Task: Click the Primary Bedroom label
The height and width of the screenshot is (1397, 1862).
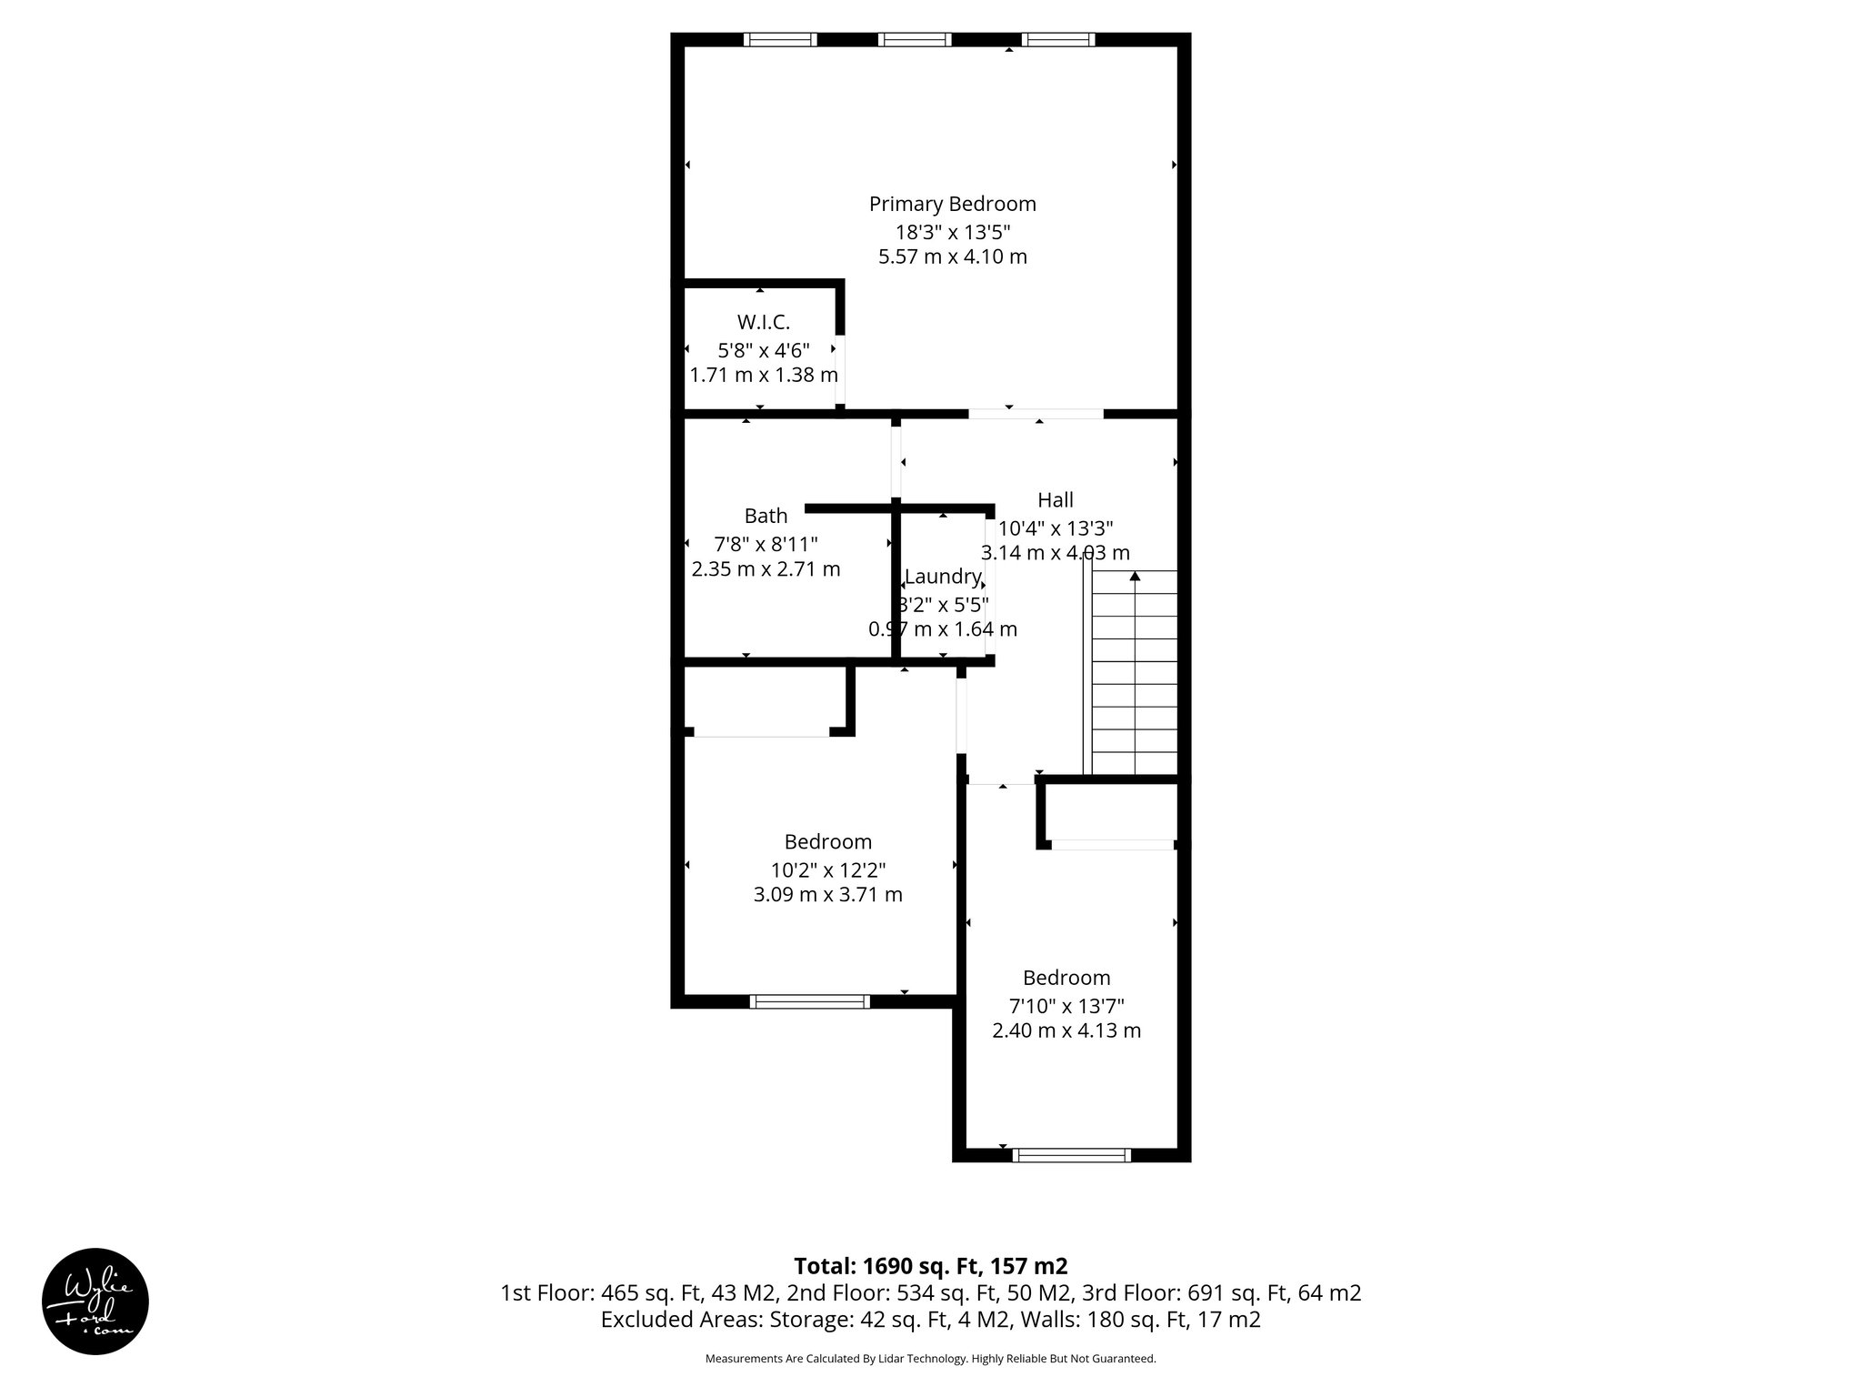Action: [x=952, y=204]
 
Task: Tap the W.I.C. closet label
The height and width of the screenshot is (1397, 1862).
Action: [x=763, y=322]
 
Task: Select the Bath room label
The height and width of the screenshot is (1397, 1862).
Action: [x=766, y=516]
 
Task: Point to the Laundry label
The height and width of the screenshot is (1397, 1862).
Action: [x=943, y=577]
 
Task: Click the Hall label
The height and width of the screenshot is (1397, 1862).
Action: [x=1055, y=499]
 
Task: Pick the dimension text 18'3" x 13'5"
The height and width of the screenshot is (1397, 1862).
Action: [x=952, y=231]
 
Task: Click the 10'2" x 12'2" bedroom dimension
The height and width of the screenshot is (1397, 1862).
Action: [x=827, y=869]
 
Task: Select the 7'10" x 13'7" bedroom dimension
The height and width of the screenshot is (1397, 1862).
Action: [x=1066, y=1006]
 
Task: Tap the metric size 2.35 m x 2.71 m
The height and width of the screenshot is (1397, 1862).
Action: [x=766, y=569]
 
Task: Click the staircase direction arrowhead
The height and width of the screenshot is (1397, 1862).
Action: [x=1134, y=576]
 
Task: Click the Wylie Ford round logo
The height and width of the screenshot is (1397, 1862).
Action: [x=95, y=1302]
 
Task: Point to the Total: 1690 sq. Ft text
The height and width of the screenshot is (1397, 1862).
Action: [x=930, y=1266]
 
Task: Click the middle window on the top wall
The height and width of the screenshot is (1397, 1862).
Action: [x=915, y=39]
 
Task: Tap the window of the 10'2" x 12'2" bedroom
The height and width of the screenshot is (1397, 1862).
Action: [x=809, y=1001]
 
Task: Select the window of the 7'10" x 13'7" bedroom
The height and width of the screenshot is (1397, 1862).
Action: [x=1072, y=1155]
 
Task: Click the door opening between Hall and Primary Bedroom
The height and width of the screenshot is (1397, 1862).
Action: [x=1036, y=414]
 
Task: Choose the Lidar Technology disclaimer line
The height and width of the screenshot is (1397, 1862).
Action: [x=930, y=1359]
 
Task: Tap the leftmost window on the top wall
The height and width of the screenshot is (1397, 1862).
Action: [x=780, y=39]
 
